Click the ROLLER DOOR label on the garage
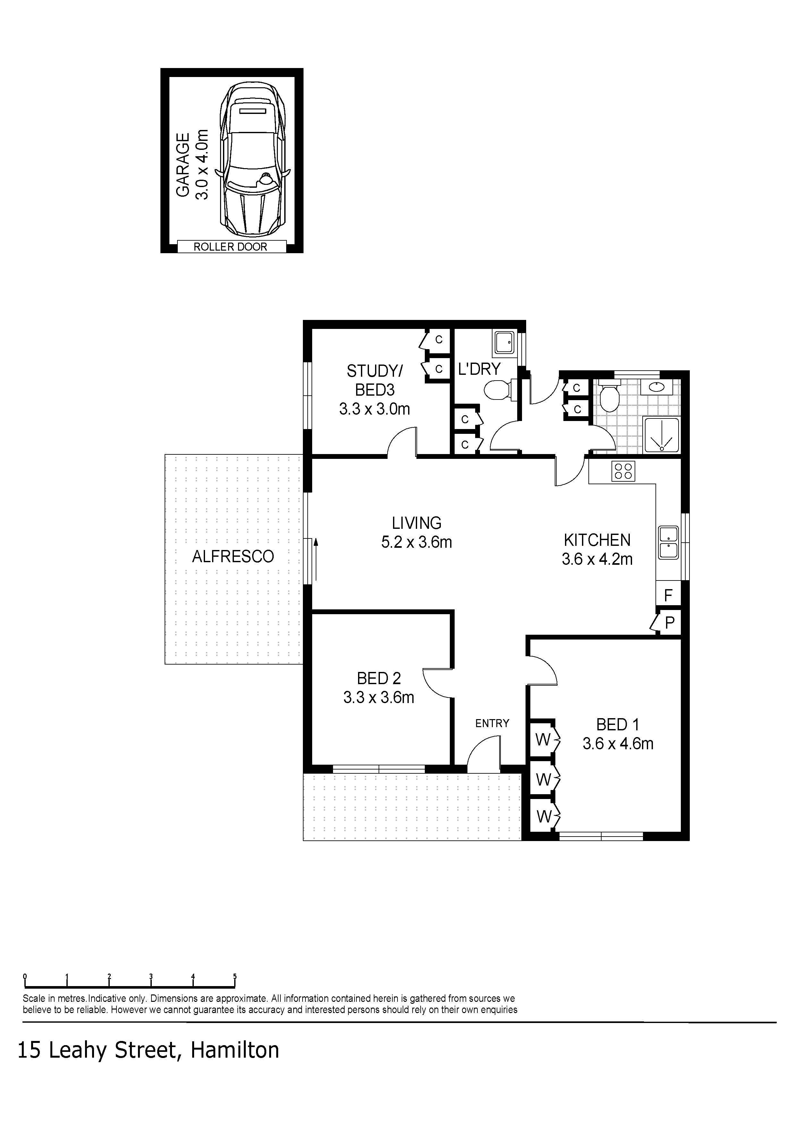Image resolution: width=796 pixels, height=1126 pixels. point(230,247)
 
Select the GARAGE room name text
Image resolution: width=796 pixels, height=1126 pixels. point(183,165)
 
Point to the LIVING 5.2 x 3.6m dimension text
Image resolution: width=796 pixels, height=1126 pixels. point(416,542)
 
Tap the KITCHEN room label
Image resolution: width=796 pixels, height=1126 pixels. point(597,540)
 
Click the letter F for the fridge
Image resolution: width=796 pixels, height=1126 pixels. point(668,595)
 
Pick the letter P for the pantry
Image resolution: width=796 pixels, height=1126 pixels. point(670,623)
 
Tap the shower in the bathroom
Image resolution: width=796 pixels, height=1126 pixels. point(662,434)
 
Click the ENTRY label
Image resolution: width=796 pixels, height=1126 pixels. point(492,723)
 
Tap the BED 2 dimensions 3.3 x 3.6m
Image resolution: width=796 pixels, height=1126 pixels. point(379,697)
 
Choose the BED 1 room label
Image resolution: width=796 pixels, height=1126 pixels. point(618,724)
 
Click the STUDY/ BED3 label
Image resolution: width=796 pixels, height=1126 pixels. point(375,381)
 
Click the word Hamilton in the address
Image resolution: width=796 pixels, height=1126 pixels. point(235,1050)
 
